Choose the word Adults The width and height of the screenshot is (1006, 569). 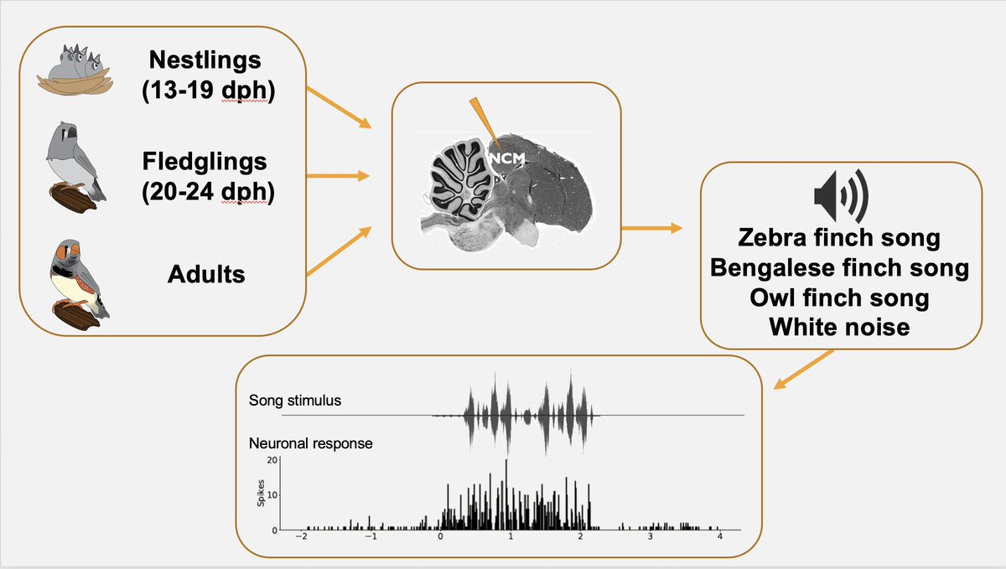pyautogui.click(x=205, y=273)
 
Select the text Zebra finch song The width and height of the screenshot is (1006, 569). pyautogui.click(x=839, y=238)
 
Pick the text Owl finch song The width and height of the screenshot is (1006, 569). pyautogui.click(x=839, y=298)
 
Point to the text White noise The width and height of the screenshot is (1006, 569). pyautogui.click(x=839, y=328)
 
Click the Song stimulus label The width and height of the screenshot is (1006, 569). pyautogui.click(x=295, y=401)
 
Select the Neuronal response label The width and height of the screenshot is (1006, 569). pyautogui.click(x=310, y=442)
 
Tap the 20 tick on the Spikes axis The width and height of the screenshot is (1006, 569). pyautogui.click(x=271, y=460)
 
